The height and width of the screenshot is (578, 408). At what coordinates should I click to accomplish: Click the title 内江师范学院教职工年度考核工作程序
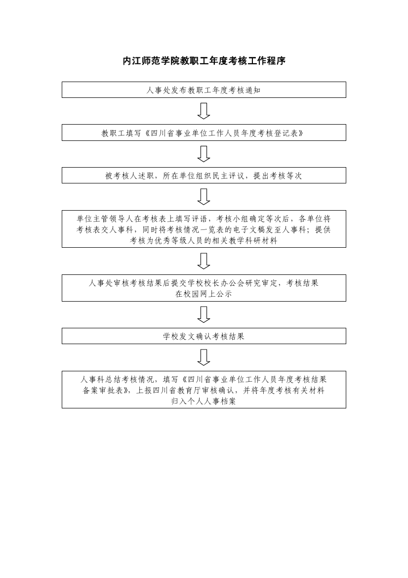pyautogui.click(x=204, y=61)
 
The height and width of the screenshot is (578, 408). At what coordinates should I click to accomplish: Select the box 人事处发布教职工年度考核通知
pyautogui.click(x=204, y=90)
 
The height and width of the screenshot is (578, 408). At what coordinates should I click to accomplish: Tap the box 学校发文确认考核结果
pyautogui.click(x=204, y=336)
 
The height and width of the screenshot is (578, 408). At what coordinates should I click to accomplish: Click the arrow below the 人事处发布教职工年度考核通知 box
pyautogui.click(x=204, y=111)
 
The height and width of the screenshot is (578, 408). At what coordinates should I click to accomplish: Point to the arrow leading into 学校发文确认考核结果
pyautogui.click(x=204, y=315)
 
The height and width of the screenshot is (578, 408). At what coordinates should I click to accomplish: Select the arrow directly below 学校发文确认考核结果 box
pyautogui.click(x=204, y=357)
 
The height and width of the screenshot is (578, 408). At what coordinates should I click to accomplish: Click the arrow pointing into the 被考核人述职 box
pyautogui.click(x=204, y=154)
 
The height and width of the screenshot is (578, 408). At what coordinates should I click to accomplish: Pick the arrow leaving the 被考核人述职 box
pyautogui.click(x=204, y=196)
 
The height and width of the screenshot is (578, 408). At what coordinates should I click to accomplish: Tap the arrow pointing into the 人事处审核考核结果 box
pyautogui.click(x=204, y=261)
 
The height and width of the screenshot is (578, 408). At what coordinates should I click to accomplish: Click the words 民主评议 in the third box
pyautogui.click(x=228, y=176)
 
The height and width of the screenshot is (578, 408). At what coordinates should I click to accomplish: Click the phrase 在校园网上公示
pyautogui.click(x=204, y=294)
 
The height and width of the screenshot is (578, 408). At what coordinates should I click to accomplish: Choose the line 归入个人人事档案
pyautogui.click(x=204, y=401)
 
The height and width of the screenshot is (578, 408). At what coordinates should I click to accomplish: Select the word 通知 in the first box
pyautogui.click(x=252, y=90)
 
